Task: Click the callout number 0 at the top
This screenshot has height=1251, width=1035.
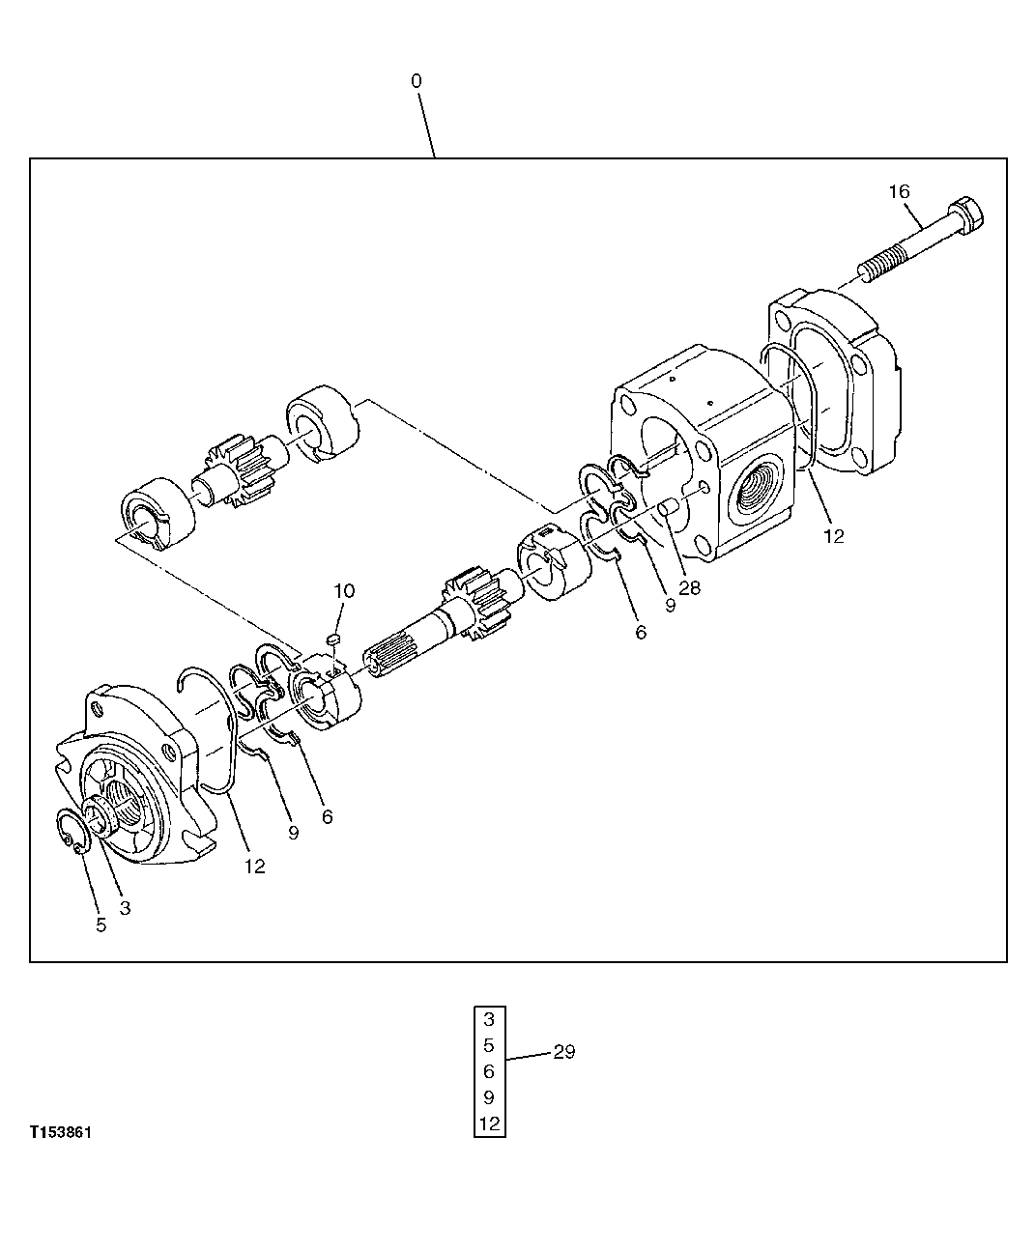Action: point(417,81)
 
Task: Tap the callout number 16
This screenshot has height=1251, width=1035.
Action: point(899,191)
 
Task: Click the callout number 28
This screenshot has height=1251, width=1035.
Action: point(689,587)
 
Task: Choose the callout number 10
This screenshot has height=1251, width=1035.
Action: point(345,590)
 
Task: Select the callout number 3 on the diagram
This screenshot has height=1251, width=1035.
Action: point(125,908)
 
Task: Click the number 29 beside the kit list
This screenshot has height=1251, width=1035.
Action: point(563,1052)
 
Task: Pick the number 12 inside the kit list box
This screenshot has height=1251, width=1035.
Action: point(489,1123)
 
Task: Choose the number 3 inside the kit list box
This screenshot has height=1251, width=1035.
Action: point(489,1018)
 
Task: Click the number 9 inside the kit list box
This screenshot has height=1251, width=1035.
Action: point(489,1097)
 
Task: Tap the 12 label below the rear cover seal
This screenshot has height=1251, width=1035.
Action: point(833,535)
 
